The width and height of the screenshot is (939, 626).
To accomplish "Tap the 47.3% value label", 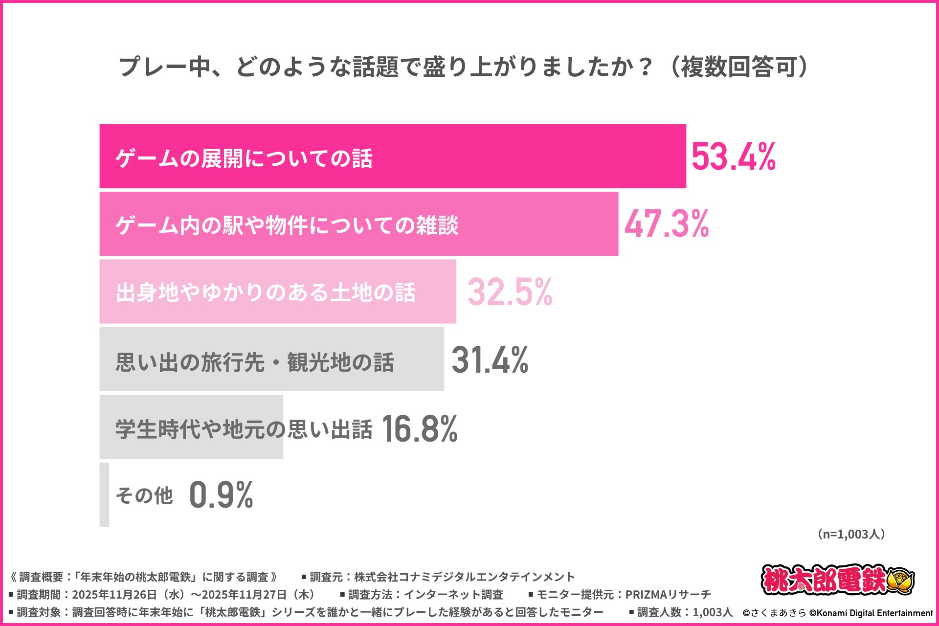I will (666, 224).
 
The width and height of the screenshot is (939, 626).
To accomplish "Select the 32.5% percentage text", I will (510, 292).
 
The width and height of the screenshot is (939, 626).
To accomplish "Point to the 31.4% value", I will (490, 360).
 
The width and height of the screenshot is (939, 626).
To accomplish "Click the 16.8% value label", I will (419, 428).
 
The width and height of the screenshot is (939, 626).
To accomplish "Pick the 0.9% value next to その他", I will (221, 495).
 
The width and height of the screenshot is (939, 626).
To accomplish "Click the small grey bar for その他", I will (104, 494).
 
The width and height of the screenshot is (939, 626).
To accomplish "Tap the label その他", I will (144, 495).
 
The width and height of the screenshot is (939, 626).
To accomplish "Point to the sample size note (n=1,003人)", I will (851, 534).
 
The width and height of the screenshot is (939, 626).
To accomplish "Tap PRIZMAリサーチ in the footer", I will (668, 595).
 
